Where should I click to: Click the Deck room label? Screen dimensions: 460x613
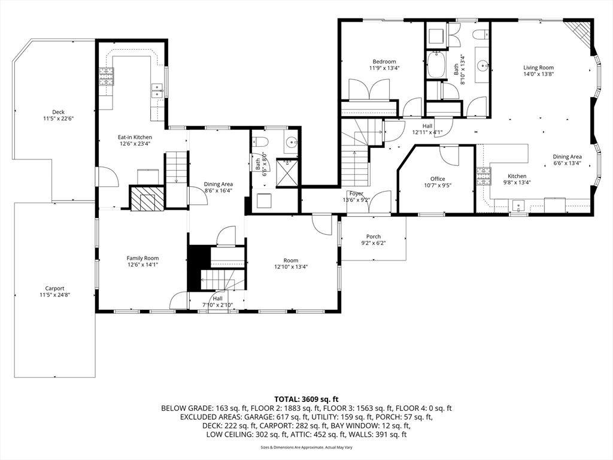58,112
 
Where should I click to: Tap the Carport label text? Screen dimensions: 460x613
54,288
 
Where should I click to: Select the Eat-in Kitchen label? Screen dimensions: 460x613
135,137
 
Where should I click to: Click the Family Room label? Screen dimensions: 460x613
142,258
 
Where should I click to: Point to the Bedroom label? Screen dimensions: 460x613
384,62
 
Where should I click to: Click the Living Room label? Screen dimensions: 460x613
538,68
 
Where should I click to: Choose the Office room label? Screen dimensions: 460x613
437,178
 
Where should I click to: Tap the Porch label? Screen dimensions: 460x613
374,237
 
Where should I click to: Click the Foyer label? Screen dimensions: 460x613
357,193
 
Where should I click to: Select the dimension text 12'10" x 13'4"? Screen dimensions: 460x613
291,267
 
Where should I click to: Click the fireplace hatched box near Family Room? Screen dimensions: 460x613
147,198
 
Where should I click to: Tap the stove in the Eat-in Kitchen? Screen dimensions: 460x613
107,77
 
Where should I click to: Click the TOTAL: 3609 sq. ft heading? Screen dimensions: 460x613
306,398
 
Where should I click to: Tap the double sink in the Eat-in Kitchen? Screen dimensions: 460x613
157,90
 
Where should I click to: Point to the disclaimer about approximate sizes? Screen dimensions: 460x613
306,447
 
